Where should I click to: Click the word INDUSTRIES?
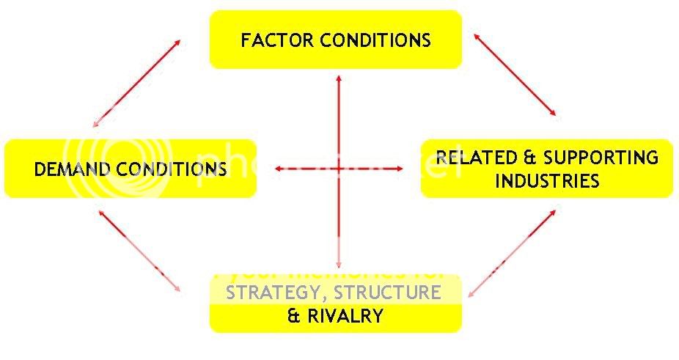(x=547, y=180)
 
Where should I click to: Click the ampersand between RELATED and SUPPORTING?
(x=527, y=158)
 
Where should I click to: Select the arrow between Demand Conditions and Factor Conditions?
(x=137, y=82)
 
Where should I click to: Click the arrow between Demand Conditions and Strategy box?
(x=139, y=251)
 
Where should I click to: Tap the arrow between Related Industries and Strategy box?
(x=512, y=254)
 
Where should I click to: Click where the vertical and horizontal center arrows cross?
(x=338, y=169)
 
